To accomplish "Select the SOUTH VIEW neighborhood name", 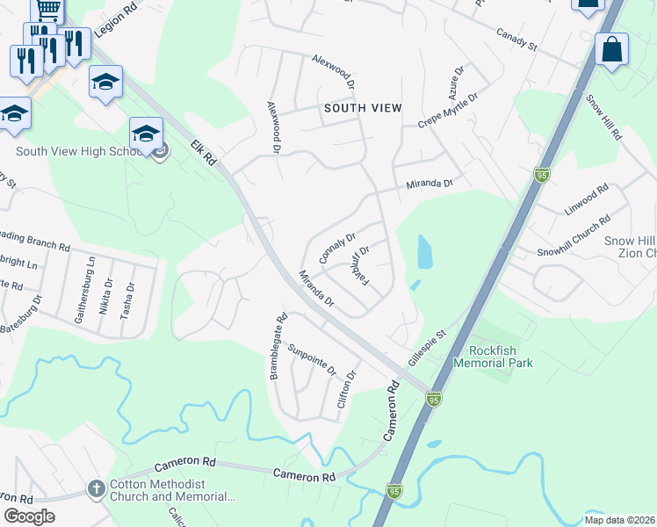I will click(363, 108).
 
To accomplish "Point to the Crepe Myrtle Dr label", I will click(448, 111).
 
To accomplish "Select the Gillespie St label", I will click(428, 348).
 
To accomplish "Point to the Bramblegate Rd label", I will click(277, 348).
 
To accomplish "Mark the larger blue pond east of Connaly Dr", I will click(424, 252).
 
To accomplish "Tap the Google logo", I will click(30, 516).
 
